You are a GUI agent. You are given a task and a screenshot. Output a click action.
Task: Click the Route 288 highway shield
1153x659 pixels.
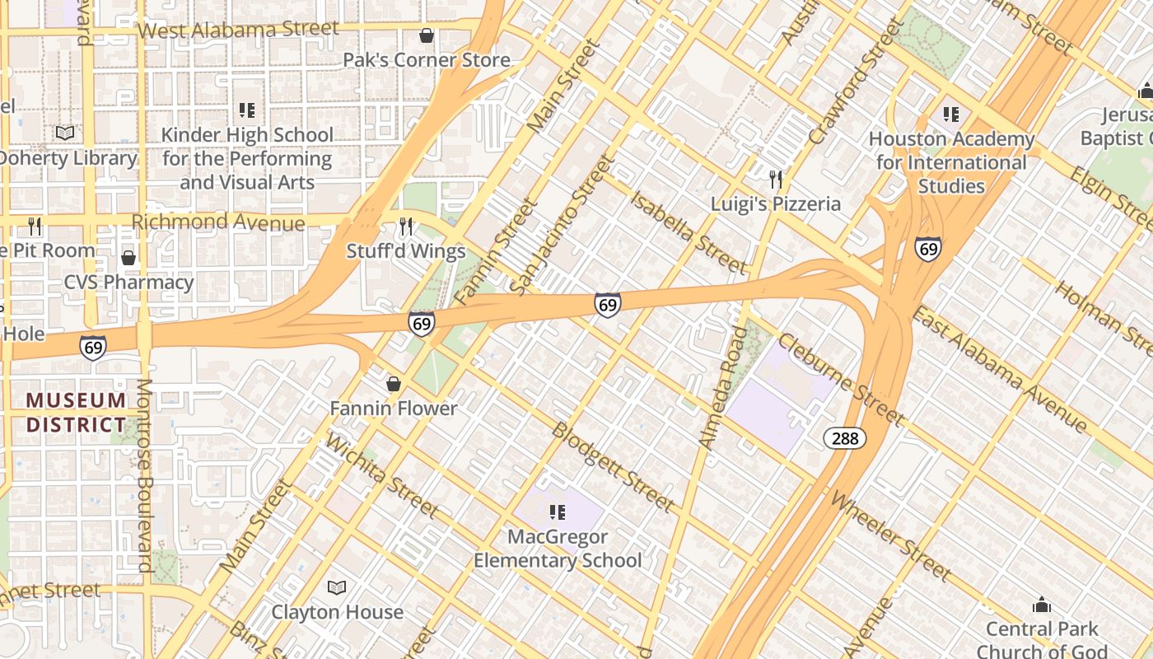tap(845, 438)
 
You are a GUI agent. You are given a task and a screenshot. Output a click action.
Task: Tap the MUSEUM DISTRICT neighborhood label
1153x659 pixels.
tap(77, 413)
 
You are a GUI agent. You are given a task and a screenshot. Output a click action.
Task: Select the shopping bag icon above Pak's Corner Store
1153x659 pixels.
tap(427, 35)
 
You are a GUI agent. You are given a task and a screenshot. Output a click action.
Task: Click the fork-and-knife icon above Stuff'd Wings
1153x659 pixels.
tap(406, 226)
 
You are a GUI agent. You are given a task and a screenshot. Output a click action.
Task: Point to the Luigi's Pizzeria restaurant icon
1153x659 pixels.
tap(775, 179)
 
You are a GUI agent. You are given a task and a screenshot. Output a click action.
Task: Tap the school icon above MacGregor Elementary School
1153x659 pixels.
tap(558, 512)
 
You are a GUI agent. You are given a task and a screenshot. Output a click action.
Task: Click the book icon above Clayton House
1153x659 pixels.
tap(337, 587)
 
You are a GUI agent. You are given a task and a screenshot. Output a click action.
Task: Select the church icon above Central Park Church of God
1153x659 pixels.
tap(1042, 605)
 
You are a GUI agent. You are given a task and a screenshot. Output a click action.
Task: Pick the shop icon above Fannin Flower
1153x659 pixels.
tap(394, 384)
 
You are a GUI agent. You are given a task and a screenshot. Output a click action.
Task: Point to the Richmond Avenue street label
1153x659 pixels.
tap(218, 222)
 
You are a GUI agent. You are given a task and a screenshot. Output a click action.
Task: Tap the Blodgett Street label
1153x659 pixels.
tap(613, 466)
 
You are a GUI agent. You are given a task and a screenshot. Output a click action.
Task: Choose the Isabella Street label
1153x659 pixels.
tap(689, 231)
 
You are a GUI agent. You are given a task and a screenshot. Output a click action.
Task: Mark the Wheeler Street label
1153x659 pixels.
tap(890, 535)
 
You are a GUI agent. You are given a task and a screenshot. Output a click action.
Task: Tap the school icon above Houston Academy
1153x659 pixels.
tap(951, 114)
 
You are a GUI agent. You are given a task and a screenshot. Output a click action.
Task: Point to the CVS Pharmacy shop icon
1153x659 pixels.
tap(128, 258)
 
